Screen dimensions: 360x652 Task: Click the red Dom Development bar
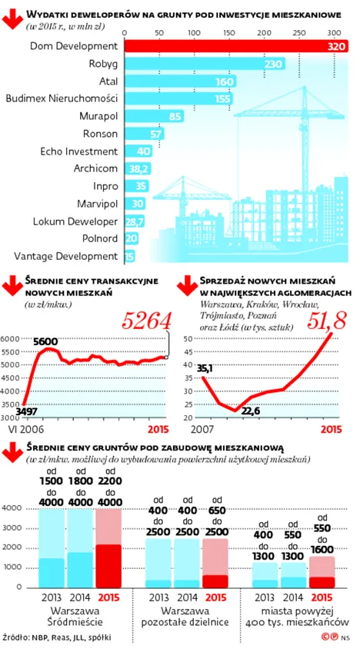point(236,46)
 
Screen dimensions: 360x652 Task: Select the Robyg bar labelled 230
point(205,64)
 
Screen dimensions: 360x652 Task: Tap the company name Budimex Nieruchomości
point(62,99)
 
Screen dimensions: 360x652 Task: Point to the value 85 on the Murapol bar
point(175,117)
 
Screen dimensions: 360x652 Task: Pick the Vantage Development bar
point(130,257)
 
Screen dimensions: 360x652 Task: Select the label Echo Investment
point(79,151)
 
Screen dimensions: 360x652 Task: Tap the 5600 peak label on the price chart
point(47,342)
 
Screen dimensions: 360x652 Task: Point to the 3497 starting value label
point(27,411)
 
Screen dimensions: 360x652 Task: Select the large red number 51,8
point(327,322)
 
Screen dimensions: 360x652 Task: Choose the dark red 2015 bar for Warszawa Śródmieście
point(109,566)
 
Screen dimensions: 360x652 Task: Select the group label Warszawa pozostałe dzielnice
point(185,617)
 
